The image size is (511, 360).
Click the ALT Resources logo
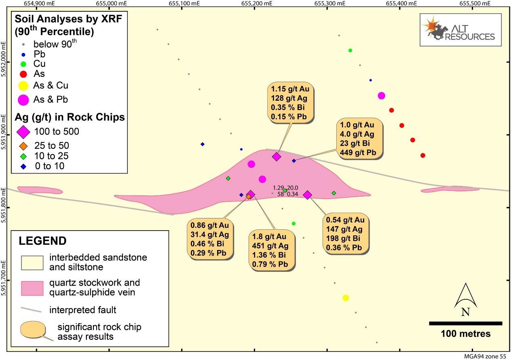pyautogui.click(x=460, y=30)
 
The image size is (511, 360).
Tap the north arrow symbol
pyautogui.click(x=465, y=300)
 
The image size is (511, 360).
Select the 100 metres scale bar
pyautogui.click(x=465, y=323)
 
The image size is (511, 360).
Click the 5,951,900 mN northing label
pyautogui.click(x=4, y=133)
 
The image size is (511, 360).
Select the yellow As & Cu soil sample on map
pyautogui.click(x=346, y=298)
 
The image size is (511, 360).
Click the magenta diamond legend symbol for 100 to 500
pyautogui.click(x=23, y=131)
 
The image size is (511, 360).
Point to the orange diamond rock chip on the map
pyautogui.click(x=249, y=197)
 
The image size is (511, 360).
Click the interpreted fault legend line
pyautogui.click(x=31, y=310)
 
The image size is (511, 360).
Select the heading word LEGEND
pyautogui.click(x=42, y=241)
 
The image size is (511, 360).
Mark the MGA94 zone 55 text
pyautogui.click(x=487, y=356)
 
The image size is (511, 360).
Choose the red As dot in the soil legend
pyautogui.click(x=23, y=74)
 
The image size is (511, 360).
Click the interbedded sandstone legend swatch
pyautogui.click(x=32, y=262)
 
